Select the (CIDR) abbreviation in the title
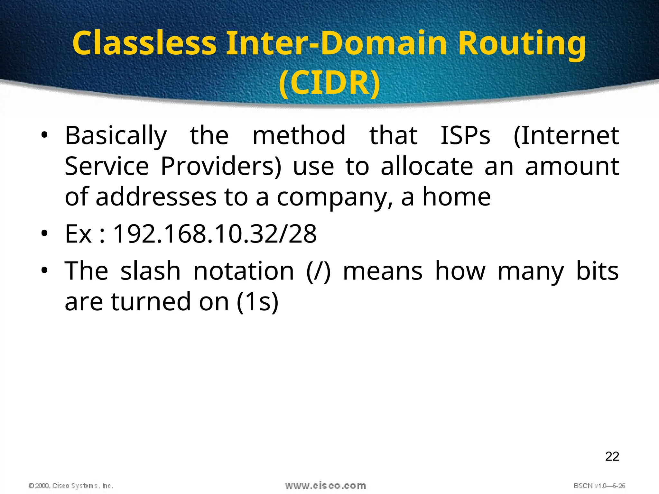[x=329, y=83]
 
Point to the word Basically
[x=116, y=136]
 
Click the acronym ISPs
[x=465, y=136]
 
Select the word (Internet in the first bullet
[x=566, y=136]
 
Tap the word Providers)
[x=221, y=167]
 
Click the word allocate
[x=427, y=167]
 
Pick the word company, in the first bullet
[x=335, y=197]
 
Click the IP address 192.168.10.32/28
[x=215, y=234]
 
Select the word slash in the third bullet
[x=150, y=271]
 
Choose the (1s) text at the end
[x=257, y=302]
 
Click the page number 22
[x=612, y=456]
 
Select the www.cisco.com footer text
[x=325, y=486]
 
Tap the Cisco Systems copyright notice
[x=71, y=486]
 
